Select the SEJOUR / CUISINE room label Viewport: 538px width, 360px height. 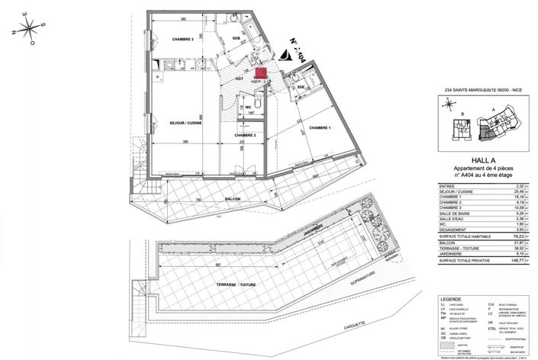tap(179, 121)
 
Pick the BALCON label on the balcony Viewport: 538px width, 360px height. tap(233, 200)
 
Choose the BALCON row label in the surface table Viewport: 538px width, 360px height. tap(449, 244)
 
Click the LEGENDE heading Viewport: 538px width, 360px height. tap(448, 299)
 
